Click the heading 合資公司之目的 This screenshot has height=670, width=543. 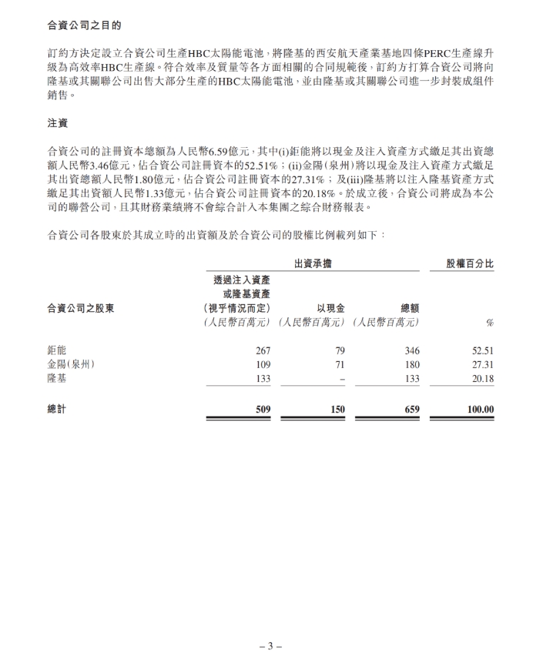(85, 24)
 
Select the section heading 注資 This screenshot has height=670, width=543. (58, 123)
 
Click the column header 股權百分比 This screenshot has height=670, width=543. (471, 264)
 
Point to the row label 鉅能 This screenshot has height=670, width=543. (57, 350)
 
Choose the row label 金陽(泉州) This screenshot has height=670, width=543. (71, 364)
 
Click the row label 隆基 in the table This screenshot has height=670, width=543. (57, 378)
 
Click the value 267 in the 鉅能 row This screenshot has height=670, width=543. (263, 351)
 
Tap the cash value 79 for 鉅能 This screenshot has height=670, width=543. (339, 351)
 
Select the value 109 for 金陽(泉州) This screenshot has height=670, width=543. (263, 365)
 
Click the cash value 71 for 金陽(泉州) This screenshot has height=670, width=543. (339, 365)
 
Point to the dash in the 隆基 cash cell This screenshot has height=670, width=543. (341, 379)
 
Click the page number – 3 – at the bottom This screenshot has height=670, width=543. (270, 646)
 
